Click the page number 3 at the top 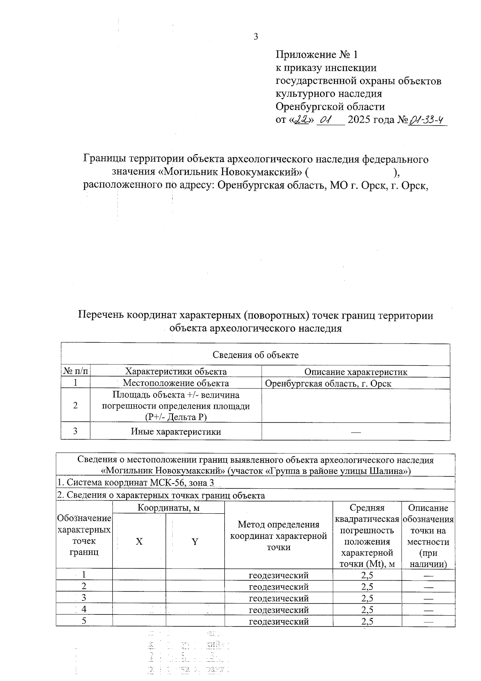point(256,37)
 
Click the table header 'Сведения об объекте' point(255,355)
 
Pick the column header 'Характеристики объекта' point(176,372)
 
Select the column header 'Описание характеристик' point(356,372)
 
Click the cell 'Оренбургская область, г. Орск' point(328,384)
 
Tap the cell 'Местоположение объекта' point(176,383)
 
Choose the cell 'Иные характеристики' point(176,432)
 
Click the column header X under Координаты point(139,542)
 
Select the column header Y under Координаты point(195,542)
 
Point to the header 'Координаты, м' point(169,508)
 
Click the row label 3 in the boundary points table point(84,598)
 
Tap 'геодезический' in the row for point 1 point(279,575)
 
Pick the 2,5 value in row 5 point(367,622)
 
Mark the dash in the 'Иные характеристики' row point(356,432)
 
